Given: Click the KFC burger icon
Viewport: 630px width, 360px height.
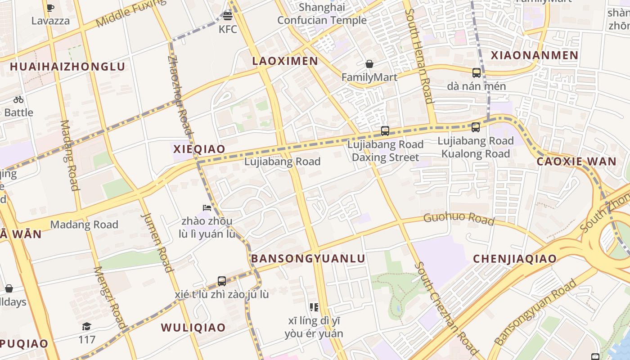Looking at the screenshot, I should (228, 17).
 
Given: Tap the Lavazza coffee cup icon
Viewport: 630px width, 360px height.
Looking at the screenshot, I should (50, 8).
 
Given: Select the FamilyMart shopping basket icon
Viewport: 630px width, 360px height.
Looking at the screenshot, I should (369, 64).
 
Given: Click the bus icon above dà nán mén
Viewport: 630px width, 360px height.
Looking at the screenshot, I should (477, 72).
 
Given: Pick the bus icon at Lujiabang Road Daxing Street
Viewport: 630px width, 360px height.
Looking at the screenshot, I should (385, 131).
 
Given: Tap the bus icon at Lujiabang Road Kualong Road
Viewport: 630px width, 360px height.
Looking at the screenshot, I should (476, 127).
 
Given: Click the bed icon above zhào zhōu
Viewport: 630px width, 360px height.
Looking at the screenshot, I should (207, 207).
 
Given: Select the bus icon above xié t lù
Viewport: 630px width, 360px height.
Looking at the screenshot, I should (222, 281).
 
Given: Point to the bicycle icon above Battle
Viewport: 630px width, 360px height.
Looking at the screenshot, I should (18, 99).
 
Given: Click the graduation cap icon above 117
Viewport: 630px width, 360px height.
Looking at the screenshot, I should (86, 326).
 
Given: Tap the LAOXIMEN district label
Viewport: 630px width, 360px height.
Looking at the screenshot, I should (285, 61).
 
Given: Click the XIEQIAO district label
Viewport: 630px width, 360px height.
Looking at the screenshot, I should (199, 149).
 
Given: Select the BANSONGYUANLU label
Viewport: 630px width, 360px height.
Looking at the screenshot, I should (308, 258).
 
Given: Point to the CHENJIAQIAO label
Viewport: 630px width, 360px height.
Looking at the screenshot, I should (515, 259).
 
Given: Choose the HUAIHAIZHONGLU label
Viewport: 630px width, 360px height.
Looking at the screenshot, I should (67, 67).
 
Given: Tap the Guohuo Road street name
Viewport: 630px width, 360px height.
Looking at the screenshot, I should (459, 219).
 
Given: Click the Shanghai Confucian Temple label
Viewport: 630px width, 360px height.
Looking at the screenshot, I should (322, 14).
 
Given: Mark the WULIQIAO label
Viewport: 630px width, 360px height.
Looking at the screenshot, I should (193, 328).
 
